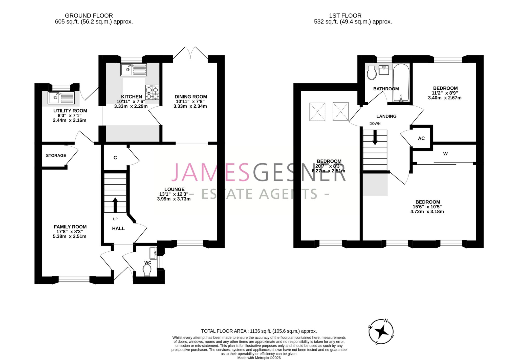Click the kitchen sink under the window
pos(134,70)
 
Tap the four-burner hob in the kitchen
pos(152,92)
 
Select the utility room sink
pos(61,98)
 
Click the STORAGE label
pos(56,155)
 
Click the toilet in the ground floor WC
pos(147,270)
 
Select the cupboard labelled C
pos(115,158)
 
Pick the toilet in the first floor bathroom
pos(372,73)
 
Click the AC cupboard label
pos(421,138)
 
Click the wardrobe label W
pos(445,153)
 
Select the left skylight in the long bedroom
pos(317,112)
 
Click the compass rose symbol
pos(381,332)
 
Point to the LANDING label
pos(386,116)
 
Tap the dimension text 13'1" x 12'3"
pos(174,194)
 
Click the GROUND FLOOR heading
pos(89,16)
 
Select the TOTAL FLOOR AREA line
pos(259,331)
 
